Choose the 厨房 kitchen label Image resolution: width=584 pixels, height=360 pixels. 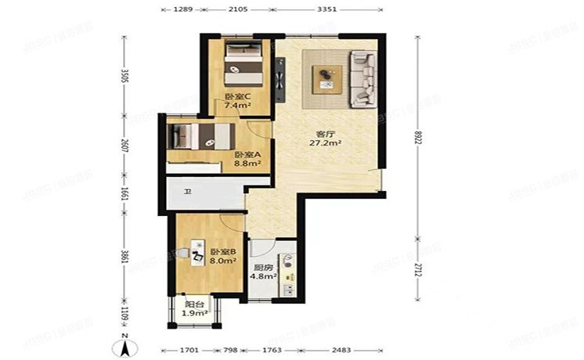coord(261,266)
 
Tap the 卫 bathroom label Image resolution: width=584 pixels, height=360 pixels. coord(187,191)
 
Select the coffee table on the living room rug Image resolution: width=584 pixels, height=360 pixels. coord(326,77)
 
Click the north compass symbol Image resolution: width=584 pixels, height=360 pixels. coord(124,342)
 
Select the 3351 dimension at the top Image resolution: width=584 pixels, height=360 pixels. coord(328,10)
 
